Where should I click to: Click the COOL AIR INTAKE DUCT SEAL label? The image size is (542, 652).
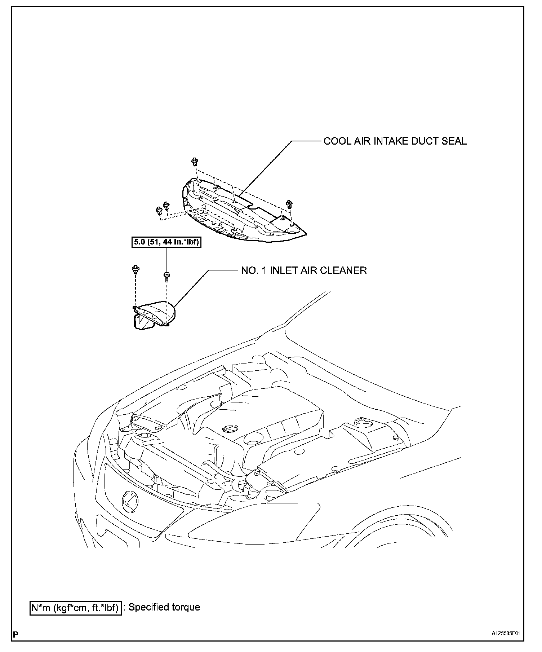pyautogui.click(x=395, y=141)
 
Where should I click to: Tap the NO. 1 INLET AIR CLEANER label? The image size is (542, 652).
pyautogui.click(x=304, y=270)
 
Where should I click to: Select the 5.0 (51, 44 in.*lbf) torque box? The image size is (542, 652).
pyautogui.click(x=166, y=243)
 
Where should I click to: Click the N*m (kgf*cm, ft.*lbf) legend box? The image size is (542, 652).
pyautogui.click(x=75, y=608)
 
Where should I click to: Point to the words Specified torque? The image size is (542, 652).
pyautogui.click(x=164, y=607)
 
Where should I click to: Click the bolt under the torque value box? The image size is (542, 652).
pyautogui.click(x=166, y=277)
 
